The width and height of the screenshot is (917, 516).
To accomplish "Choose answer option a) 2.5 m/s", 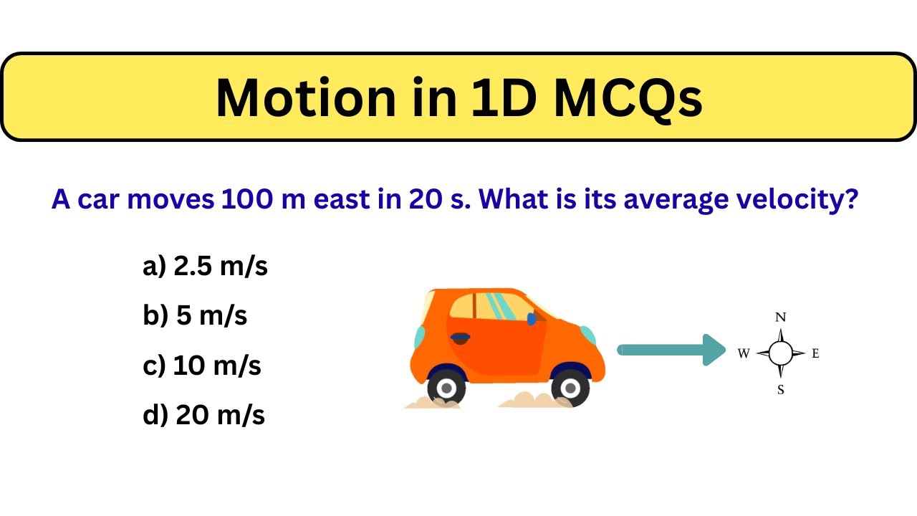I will (x=205, y=267).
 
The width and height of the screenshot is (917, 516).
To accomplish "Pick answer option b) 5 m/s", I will (x=195, y=315).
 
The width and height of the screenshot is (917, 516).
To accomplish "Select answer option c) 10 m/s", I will (x=202, y=365).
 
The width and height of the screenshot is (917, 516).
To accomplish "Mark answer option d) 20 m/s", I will (x=204, y=415).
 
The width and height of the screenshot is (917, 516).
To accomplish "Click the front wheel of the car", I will (x=570, y=388).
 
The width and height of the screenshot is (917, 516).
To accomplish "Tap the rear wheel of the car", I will (x=446, y=388).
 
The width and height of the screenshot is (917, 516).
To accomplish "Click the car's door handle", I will (x=461, y=336).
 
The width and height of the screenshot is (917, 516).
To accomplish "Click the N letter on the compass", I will (x=781, y=317).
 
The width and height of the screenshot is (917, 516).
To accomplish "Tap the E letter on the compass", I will (x=815, y=353).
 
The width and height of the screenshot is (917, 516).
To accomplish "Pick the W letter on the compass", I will (x=744, y=353).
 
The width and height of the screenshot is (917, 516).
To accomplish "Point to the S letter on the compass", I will (x=781, y=390).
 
